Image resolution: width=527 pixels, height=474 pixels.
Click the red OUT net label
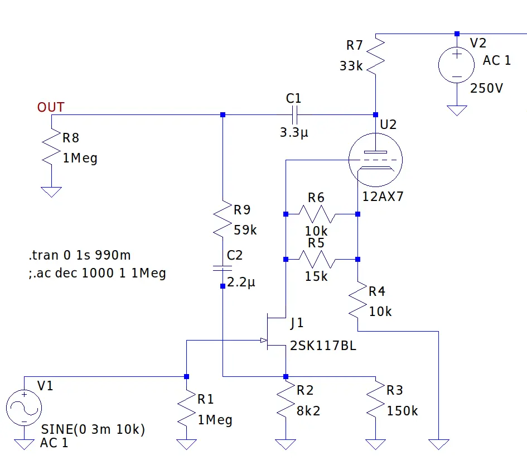click(50, 107)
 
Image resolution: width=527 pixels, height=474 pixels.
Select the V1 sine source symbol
click(24, 408)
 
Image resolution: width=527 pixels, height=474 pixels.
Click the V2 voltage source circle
click(456, 65)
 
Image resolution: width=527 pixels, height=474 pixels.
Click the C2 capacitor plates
click(223, 268)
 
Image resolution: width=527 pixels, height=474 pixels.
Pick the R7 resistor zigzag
click(375, 55)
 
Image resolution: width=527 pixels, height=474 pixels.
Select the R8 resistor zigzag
click(51, 147)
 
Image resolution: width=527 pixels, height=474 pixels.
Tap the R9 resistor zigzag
click(223, 219)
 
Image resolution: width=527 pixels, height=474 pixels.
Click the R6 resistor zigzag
click(317, 214)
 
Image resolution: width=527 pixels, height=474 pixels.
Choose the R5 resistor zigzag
click(317, 260)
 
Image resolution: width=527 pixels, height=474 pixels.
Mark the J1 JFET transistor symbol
click(275, 332)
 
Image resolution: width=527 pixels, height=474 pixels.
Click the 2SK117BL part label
click(323, 346)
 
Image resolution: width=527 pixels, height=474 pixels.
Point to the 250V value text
click(486, 88)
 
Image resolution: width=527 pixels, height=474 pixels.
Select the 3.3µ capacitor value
click(294, 132)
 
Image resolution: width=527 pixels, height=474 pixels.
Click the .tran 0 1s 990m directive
click(80, 255)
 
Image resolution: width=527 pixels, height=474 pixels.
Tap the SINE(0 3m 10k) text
click(93, 429)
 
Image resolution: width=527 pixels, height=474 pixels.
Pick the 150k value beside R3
click(402, 411)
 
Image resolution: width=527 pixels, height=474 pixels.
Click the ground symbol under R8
click(51, 192)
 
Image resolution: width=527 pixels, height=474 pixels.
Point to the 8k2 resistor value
click(308, 411)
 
